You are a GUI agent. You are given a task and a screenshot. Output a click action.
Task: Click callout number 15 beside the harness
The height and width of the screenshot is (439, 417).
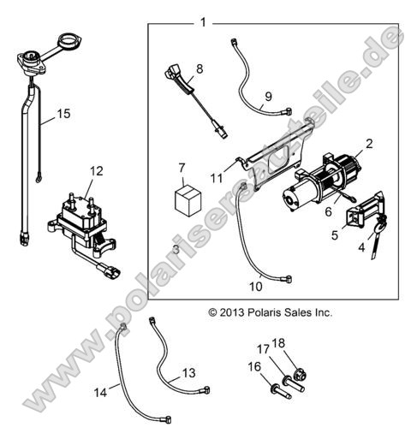[63, 114]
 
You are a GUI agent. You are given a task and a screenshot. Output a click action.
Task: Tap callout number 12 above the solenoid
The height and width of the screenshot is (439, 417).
[97, 171]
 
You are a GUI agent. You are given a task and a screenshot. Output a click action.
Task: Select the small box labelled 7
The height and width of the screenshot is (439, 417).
[188, 199]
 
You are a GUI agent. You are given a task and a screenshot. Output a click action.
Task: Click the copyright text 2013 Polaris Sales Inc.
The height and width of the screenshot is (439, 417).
[271, 312]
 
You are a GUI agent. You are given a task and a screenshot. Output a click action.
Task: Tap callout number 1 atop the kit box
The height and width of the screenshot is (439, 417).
[203, 22]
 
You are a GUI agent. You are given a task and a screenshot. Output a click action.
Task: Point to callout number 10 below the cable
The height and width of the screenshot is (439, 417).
[256, 287]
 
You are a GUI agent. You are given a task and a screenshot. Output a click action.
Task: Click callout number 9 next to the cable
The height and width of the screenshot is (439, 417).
[268, 97]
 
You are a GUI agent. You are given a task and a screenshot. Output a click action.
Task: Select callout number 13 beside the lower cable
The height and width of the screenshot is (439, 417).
[189, 373]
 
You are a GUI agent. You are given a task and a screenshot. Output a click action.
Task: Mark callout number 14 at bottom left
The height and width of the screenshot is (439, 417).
[100, 393]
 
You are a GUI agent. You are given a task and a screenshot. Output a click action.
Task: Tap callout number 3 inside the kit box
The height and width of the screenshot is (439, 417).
[176, 250]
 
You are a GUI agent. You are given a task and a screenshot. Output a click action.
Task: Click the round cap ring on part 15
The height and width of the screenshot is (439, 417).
[69, 40]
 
